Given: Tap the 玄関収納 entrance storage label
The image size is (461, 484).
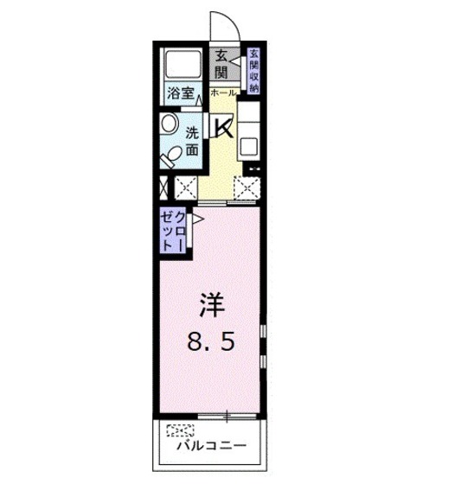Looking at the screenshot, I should pyautogui.click(x=254, y=70).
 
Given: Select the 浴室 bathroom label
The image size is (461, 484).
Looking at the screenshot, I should pyautogui.click(x=180, y=93).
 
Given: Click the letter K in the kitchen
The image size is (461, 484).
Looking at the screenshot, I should pyautogui.click(x=223, y=128).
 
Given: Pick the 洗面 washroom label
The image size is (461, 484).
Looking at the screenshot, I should pyautogui.click(x=192, y=141).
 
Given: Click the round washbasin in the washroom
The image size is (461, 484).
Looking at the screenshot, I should pyautogui.click(x=167, y=123).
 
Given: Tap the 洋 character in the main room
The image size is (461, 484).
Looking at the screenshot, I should pyautogui.click(x=214, y=306).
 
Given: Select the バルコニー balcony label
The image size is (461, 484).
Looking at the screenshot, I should pyautogui.click(x=213, y=448).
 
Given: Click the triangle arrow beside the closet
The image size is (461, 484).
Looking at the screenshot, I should pyautogui.click(x=198, y=221).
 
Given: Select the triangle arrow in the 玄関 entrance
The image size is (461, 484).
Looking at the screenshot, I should pyautogui.click(x=236, y=63).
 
